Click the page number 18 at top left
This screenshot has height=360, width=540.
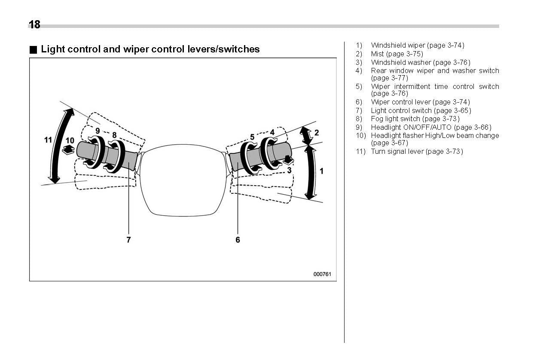[34, 24]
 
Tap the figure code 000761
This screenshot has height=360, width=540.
[322, 274]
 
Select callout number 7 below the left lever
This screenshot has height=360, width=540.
[128, 240]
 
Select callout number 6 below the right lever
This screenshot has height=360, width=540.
[238, 240]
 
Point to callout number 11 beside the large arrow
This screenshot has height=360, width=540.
[48, 140]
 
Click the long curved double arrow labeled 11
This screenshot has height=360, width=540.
[58, 146]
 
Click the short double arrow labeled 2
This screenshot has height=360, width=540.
[306, 135]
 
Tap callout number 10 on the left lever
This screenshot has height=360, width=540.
[70, 140]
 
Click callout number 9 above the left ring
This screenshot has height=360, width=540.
[98, 130]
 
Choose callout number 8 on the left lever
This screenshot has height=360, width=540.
[114, 135]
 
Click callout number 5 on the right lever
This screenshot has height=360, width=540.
[252, 137]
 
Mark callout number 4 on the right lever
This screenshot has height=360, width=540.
[272, 132]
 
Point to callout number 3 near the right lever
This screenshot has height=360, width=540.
[289, 170]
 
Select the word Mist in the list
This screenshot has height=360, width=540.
[378, 54]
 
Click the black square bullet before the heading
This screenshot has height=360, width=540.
[33, 49]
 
